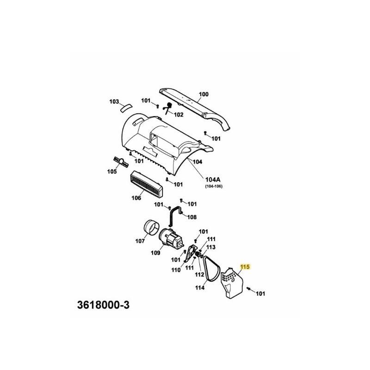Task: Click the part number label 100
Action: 203,94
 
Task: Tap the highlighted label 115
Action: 245,267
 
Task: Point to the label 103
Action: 114,101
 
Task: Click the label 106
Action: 136,198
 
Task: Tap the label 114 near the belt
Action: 200,288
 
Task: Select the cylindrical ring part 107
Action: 151,228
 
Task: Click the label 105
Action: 112,172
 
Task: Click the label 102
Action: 179,114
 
